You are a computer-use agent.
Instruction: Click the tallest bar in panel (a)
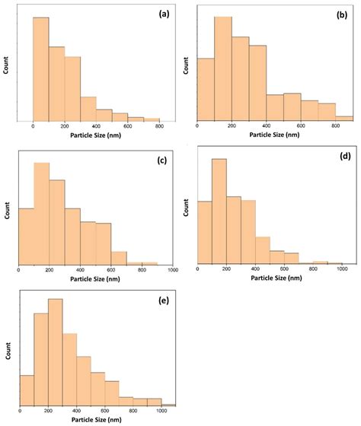coord(41,69)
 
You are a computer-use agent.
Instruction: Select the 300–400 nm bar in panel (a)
coord(88,109)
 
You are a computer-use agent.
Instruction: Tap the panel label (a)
coord(164,14)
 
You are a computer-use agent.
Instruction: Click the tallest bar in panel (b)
coord(223,68)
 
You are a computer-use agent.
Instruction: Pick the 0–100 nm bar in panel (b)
coord(206,90)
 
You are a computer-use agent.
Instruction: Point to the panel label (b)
coord(342,15)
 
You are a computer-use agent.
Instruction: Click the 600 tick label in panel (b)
coord(301,126)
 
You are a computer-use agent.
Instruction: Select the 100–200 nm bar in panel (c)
coord(42,213)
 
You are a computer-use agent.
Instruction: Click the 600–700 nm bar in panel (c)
coord(119,258)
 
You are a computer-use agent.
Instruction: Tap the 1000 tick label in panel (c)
coord(173,270)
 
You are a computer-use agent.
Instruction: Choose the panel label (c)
coord(162,161)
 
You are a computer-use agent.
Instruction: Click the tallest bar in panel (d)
coord(219,211)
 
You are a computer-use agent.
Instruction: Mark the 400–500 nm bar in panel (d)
coord(263,250)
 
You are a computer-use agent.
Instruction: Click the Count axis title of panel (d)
coord(186,207)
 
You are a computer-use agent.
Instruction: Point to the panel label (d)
coord(346,156)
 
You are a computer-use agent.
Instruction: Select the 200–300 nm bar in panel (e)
coord(56,352)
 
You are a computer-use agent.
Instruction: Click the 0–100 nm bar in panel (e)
coord(27,391)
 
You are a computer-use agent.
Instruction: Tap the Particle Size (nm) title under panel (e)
coord(97,419)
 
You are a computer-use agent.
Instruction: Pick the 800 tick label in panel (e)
coord(133,411)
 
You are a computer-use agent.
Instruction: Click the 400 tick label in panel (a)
coord(96,126)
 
